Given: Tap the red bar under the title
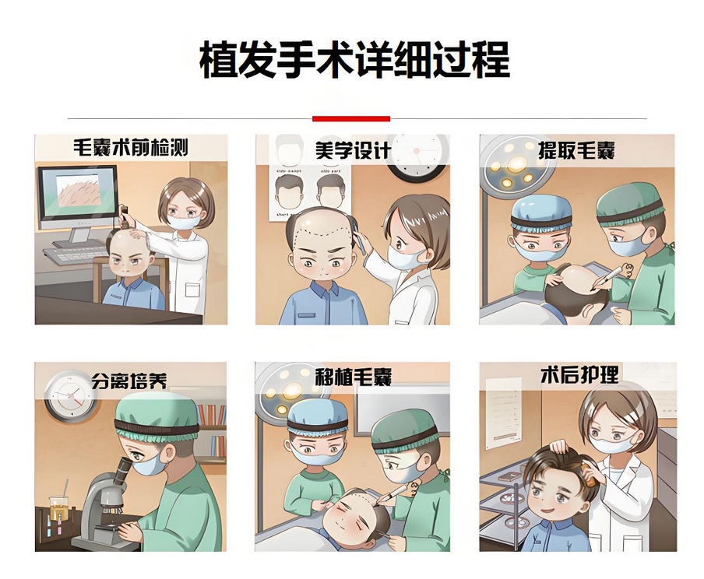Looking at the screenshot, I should (351, 118).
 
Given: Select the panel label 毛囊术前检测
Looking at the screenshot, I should (130, 148).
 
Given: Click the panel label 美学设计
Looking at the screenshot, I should (352, 150).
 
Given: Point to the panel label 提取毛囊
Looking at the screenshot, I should (576, 150).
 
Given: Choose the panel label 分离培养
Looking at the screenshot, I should (128, 381).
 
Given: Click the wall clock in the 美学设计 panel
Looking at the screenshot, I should (417, 156).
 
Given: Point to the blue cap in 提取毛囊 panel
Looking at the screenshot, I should (540, 210).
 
